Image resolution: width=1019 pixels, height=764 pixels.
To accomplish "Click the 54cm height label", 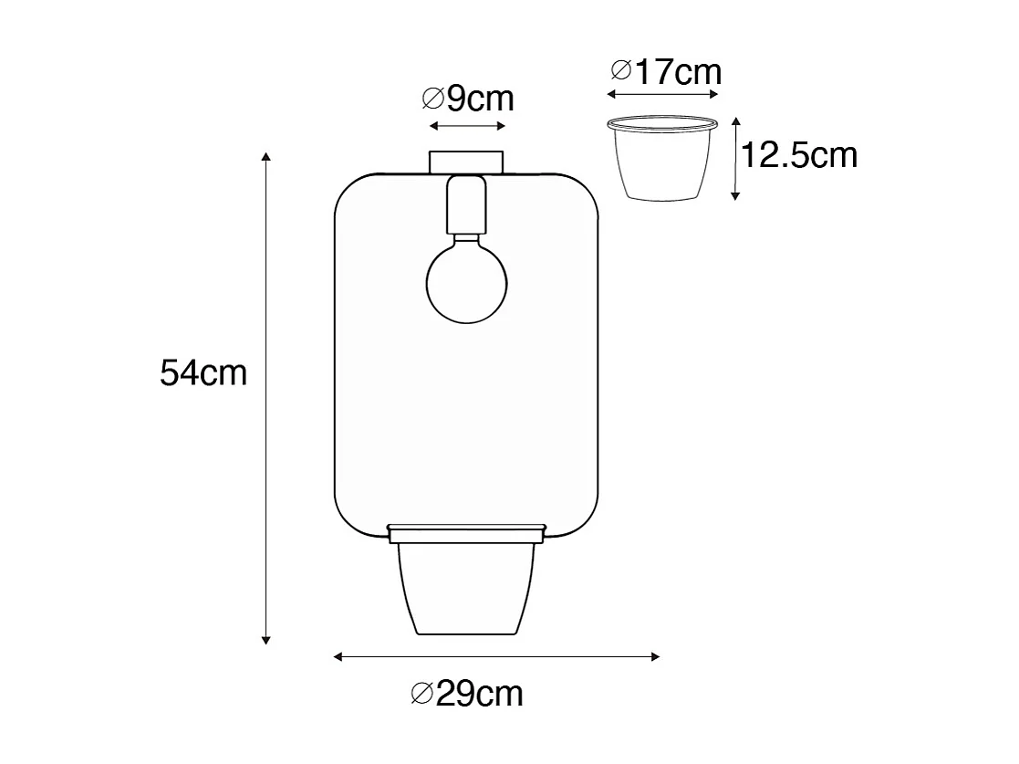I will click(x=203, y=373).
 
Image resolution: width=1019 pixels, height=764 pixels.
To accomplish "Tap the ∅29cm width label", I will click(x=467, y=695).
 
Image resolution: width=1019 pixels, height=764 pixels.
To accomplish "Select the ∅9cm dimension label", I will click(x=468, y=98).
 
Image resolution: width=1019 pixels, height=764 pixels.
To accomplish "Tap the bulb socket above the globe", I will click(x=466, y=205).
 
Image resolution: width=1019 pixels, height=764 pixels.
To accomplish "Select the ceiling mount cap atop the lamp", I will click(x=466, y=162).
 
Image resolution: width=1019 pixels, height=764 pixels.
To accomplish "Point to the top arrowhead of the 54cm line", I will click(x=266, y=156).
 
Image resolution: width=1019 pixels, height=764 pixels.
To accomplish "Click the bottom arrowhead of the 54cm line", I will click(x=266, y=638).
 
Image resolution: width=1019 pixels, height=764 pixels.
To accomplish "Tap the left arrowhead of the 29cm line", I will click(x=339, y=656).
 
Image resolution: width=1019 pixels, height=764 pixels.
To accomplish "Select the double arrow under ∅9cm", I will click(x=466, y=126).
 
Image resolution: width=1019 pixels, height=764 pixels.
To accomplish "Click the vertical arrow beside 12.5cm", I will click(x=735, y=157).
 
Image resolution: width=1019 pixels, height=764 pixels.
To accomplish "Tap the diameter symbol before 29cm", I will click(x=422, y=695).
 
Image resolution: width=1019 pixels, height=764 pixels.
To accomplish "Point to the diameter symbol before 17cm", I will click(x=621, y=70).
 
